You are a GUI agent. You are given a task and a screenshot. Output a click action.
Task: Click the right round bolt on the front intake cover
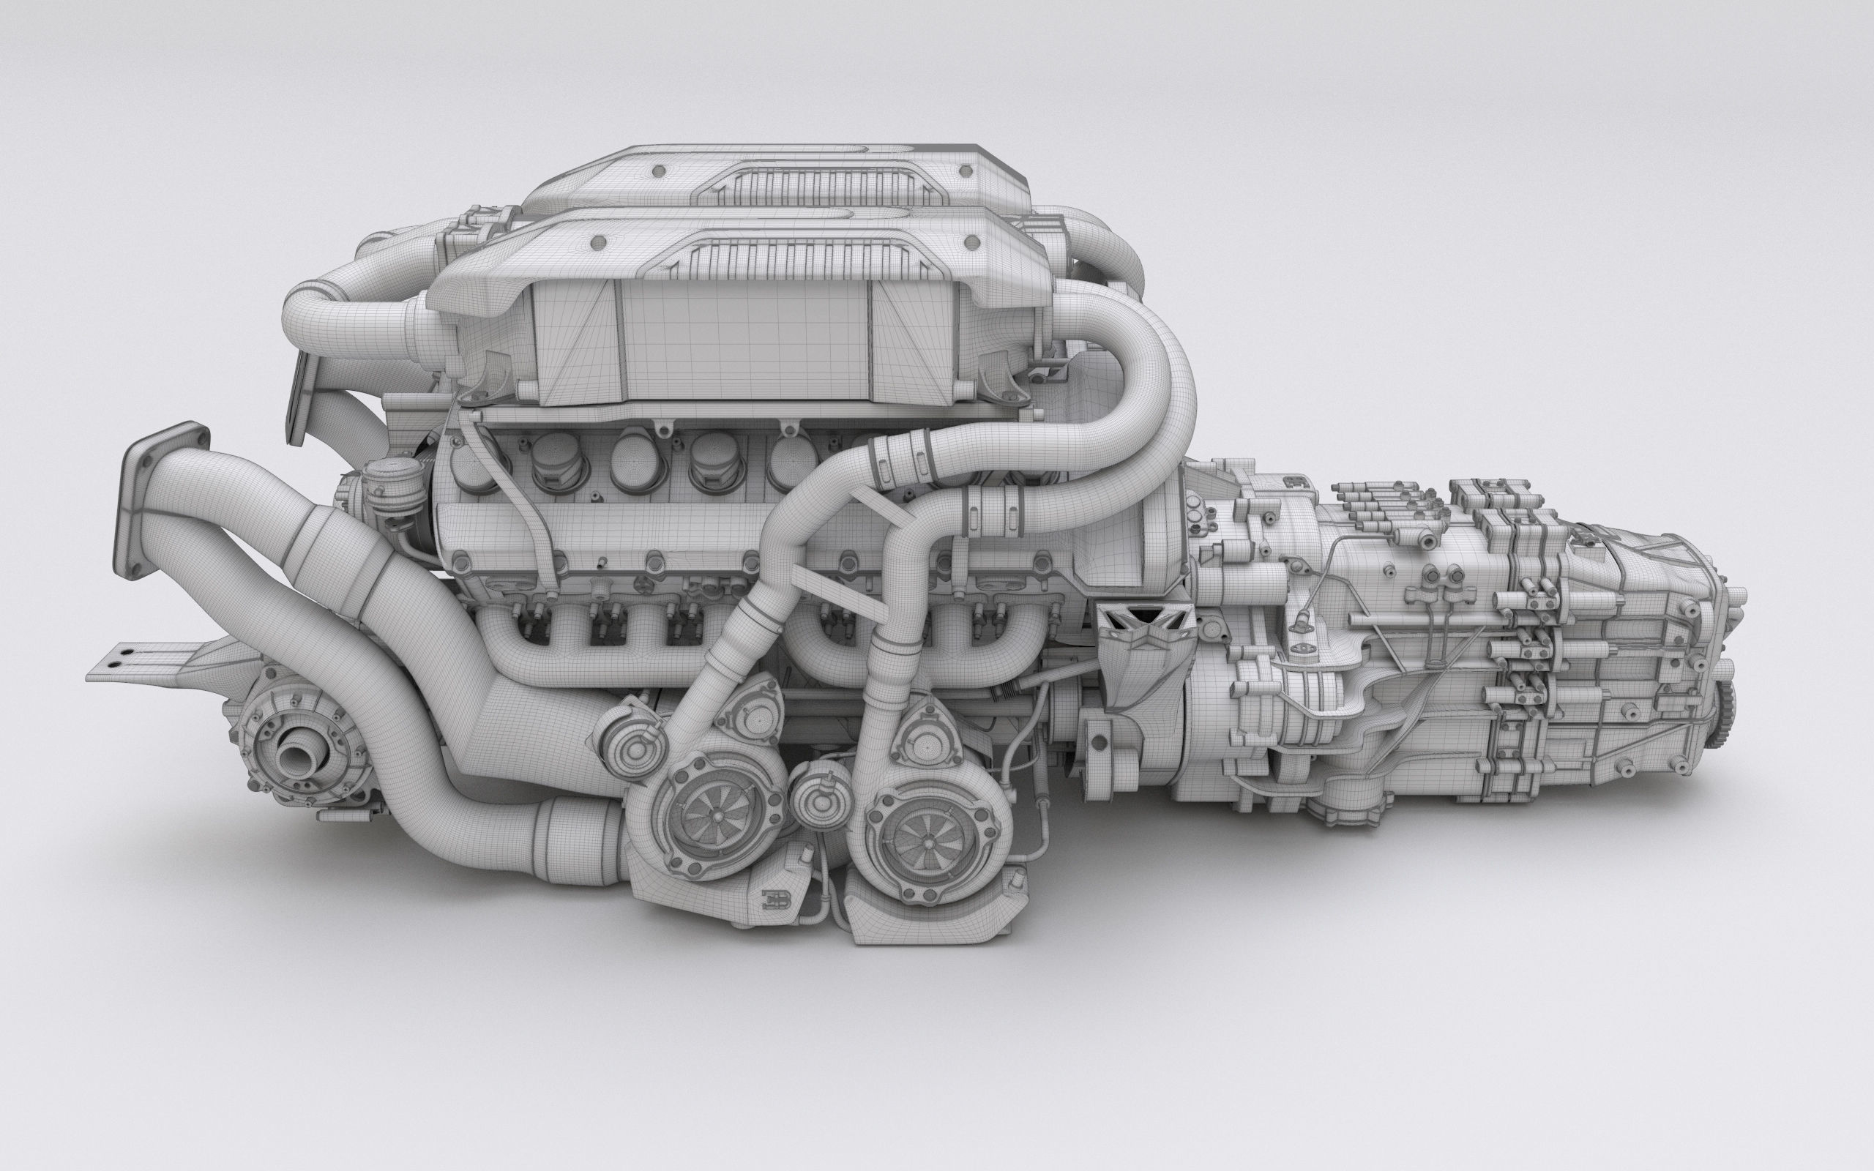click(972, 243)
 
